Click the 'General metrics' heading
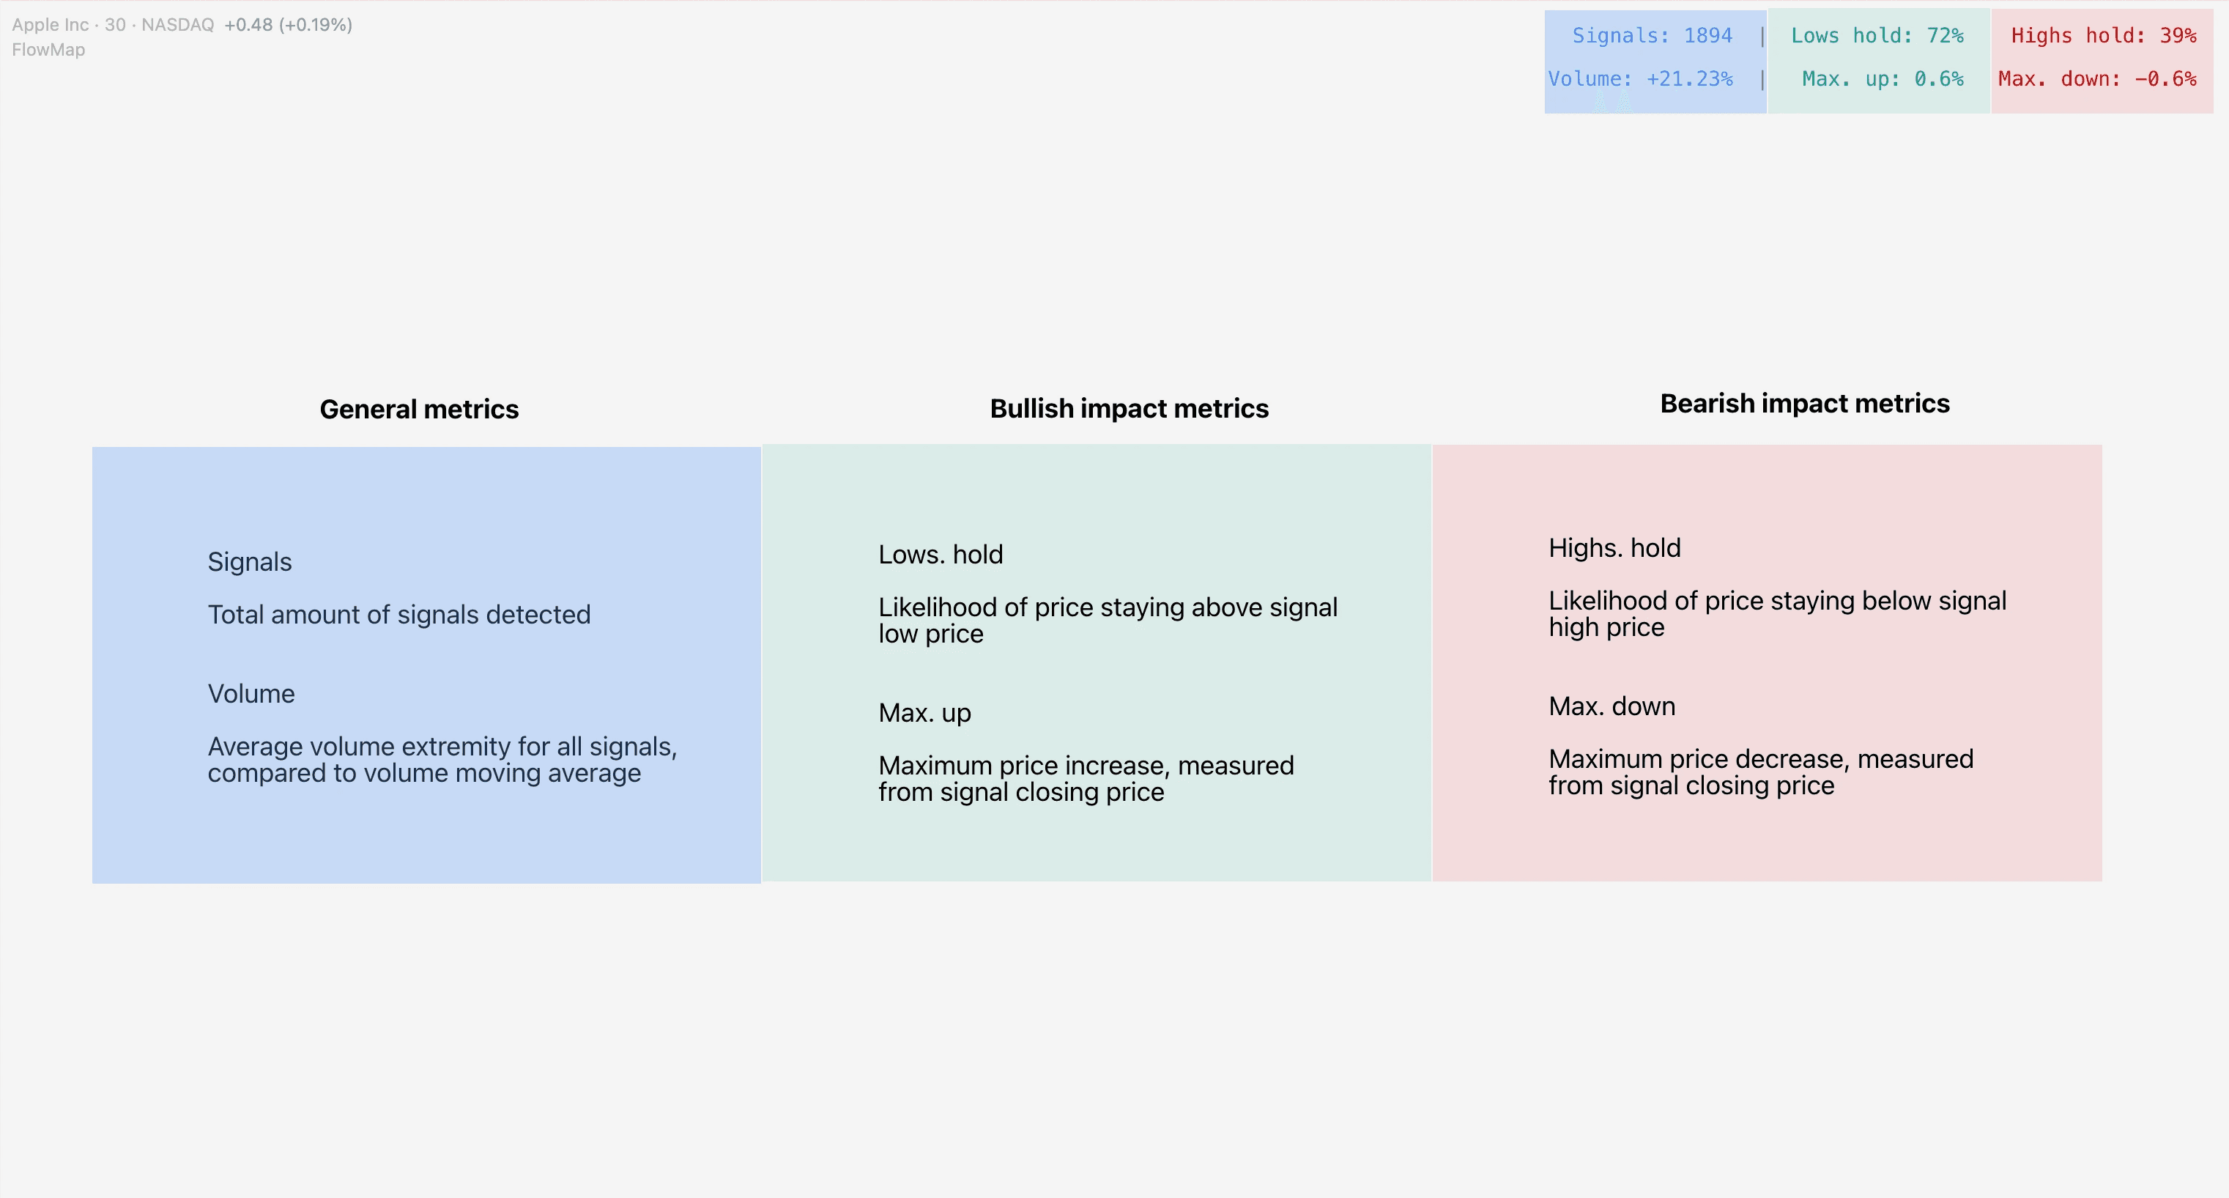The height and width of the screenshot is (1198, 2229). pyautogui.click(x=419, y=410)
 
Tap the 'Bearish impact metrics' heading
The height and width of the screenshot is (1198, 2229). pyautogui.click(x=1804, y=404)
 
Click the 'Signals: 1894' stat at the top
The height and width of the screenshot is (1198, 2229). pyautogui.click(x=1652, y=35)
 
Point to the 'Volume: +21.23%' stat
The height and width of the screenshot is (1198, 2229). pyautogui.click(x=1640, y=79)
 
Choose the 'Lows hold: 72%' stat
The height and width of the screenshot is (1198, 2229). pyautogui.click(x=1877, y=35)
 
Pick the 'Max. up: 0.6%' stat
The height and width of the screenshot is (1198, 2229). pyautogui.click(x=1882, y=79)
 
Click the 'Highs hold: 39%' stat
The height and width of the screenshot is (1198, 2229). pyautogui.click(x=2103, y=35)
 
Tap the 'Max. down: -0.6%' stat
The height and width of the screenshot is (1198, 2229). pyautogui.click(x=2096, y=79)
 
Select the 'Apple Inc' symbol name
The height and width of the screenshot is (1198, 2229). pyautogui.click(x=51, y=25)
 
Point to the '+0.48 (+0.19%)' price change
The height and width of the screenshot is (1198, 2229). pyautogui.click(x=288, y=25)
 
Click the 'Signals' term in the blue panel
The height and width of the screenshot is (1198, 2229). pyautogui.click(x=249, y=563)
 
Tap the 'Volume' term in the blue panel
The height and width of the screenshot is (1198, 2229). pyautogui.click(x=251, y=694)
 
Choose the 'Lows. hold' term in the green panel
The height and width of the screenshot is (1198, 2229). pyautogui.click(x=941, y=555)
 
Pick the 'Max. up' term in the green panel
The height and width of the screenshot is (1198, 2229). pyautogui.click(x=924, y=713)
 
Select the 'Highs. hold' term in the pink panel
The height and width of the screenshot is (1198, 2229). pyautogui.click(x=1614, y=549)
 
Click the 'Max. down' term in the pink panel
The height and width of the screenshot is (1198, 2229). pyautogui.click(x=1612, y=707)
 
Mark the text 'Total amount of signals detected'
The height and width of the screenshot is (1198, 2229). pyautogui.click(x=399, y=615)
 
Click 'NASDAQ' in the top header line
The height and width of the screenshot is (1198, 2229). pyautogui.click(x=177, y=25)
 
